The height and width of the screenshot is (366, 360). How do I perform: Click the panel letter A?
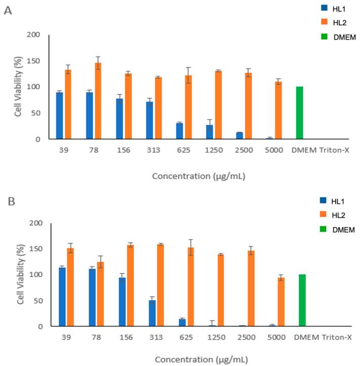(8, 10)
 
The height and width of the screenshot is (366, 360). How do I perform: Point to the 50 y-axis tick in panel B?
(37, 301)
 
